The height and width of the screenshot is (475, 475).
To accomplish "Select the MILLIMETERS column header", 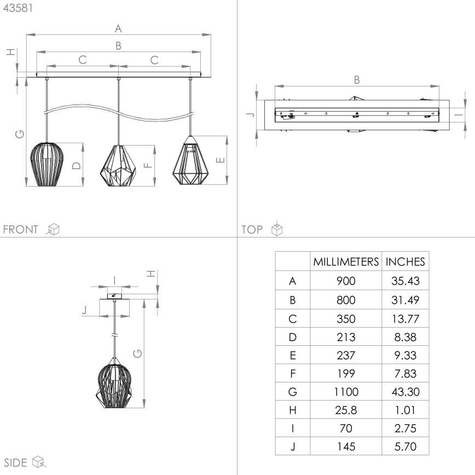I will pyautogui.click(x=346, y=262).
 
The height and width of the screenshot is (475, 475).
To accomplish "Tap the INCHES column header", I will pyautogui.click(x=405, y=262).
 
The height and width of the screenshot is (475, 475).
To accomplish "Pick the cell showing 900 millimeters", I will pyautogui.click(x=346, y=281).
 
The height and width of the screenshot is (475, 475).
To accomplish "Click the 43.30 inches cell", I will pyautogui.click(x=405, y=392).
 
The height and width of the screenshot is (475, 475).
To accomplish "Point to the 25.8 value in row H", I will pyautogui.click(x=346, y=410).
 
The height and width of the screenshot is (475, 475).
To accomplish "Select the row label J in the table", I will pyautogui.click(x=292, y=447).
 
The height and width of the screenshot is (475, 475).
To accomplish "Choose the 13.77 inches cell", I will pyautogui.click(x=405, y=318).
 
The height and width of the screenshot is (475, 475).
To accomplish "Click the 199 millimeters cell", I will pyautogui.click(x=346, y=374).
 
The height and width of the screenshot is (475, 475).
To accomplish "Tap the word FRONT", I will pyautogui.click(x=21, y=229).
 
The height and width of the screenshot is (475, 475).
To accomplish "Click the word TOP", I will pyautogui.click(x=252, y=229).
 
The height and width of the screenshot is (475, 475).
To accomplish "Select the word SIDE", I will pyautogui.click(x=15, y=463).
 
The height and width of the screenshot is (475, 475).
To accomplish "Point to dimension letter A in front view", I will pyautogui.click(x=118, y=28).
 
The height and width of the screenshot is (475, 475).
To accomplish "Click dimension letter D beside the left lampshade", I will pyautogui.click(x=77, y=165).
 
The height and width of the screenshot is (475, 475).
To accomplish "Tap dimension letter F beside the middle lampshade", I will pyautogui.click(x=146, y=165).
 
